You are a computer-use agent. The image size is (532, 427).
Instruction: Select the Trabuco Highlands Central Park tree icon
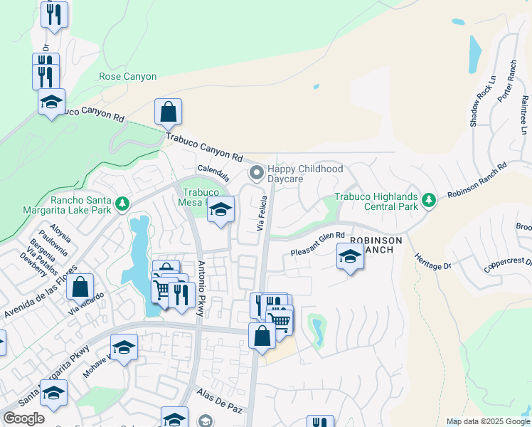tap(428, 200)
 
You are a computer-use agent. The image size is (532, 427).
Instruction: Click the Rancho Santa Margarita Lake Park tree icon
tap(122, 205)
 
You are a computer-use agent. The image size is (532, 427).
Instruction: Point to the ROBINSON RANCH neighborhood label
tap(376, 246)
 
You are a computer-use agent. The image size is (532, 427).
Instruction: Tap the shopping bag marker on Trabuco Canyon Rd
tap(169, 112)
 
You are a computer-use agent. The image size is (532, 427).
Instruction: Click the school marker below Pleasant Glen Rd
tap(350, 257)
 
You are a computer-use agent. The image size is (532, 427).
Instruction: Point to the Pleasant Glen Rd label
tap(318, 244)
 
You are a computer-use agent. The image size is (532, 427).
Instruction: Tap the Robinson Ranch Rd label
tap(476, 181)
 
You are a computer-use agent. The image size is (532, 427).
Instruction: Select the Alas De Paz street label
tap(220, 401)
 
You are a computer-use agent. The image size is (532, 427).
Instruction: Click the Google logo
tap(24, 418)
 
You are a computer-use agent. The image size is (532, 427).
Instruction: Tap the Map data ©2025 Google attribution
tap(487, 421)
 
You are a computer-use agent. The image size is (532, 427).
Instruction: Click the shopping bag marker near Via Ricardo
tap(81, 288)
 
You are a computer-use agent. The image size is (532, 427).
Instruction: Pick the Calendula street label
tap(213, 169)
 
